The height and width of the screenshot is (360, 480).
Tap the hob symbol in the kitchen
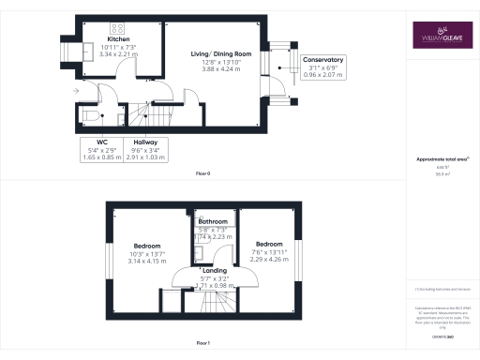[119, 27]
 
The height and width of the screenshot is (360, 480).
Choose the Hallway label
[145, 142]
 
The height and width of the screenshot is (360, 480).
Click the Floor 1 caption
[202, 343]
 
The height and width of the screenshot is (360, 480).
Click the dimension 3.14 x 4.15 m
[144, 262]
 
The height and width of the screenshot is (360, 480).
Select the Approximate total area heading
[441, 159]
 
